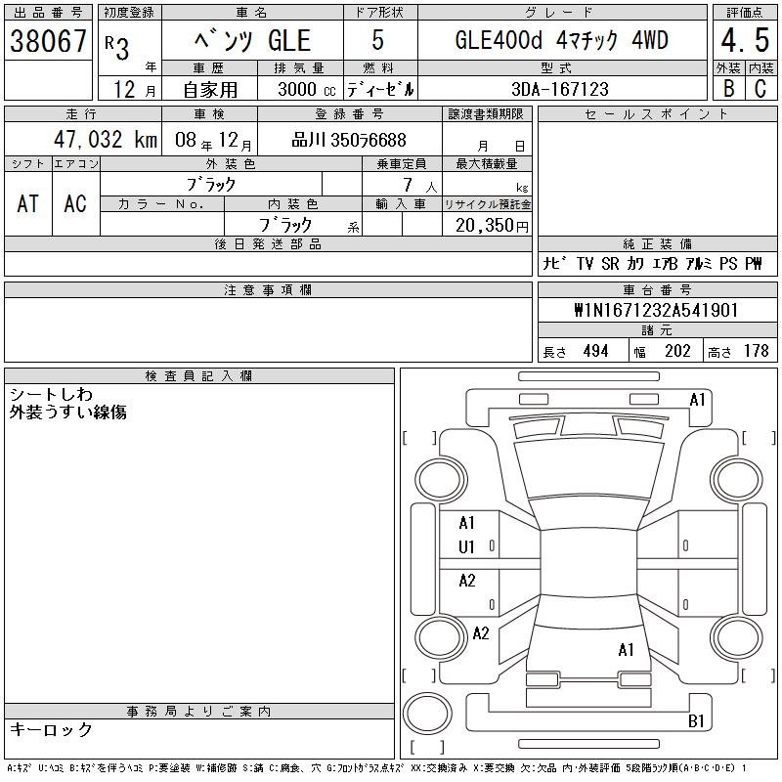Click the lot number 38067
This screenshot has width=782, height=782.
click(x=48, y=41)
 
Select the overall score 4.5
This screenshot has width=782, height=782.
click(x=745, y=40)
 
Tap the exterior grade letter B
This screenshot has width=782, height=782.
click(x=728, y=89)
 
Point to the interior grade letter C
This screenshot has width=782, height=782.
click(x=760, y=89)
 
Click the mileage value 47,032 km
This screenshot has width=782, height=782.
click(x=106, y=140)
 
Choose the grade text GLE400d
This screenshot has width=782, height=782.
click(x=499, y=40)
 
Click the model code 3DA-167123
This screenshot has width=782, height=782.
click(x=560, y=89)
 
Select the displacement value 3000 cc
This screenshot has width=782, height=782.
click(x=307, y=90)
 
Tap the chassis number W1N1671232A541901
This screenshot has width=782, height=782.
click(x=656, y=310)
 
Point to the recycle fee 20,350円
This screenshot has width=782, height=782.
click(x=492, y=226)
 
